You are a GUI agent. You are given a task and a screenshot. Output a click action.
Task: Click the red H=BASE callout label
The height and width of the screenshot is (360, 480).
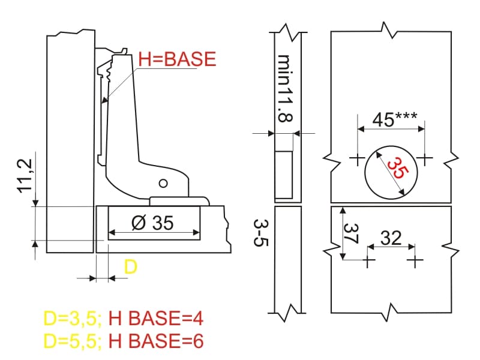point(177,59)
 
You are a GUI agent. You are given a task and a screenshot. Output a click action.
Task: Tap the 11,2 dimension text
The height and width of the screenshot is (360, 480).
point(25,176)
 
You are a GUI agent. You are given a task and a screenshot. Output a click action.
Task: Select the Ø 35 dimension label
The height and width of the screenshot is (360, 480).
point(152,223)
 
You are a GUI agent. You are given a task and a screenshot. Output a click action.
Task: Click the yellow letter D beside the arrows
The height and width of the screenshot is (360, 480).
point(131,267)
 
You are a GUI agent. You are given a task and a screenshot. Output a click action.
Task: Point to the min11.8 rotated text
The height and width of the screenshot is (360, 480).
point(284,89)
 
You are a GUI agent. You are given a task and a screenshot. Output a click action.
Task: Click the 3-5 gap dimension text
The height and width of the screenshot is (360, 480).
point(261,233)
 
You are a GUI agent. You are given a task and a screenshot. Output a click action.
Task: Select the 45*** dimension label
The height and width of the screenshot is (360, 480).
point(395,119)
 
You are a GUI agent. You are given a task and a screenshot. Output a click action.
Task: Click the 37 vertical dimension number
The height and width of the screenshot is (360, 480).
point(351,234)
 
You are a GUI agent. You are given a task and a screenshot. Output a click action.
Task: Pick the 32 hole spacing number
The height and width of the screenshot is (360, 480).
point(391,238)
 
